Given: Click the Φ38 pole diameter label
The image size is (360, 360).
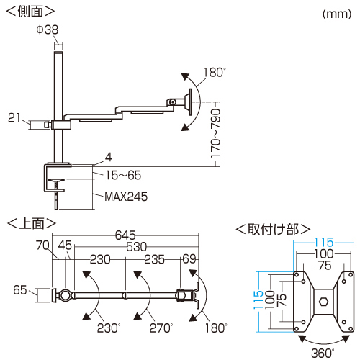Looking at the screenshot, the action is [x=48, y=30].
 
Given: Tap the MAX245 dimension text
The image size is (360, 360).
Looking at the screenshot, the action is [x=126, y=197].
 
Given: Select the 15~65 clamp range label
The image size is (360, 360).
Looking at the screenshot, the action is [x=123, y=175].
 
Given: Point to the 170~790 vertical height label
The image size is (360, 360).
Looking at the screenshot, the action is [x=215, y=133].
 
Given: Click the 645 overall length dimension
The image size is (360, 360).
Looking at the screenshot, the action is [x=125, y=235].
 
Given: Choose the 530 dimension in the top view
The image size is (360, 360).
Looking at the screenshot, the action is [x=136, y=247].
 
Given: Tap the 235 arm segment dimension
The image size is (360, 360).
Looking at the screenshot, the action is [x=154, y=259].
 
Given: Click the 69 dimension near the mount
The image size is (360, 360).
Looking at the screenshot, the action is [x=189, y=259].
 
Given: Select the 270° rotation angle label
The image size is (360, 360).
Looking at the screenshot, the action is [x=161, y=328].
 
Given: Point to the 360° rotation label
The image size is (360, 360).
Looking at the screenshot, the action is [x=323, y=353].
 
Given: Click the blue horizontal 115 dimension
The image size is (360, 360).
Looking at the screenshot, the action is [x=324, y=243].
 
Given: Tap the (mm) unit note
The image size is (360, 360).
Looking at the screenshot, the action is [x=337, y=14].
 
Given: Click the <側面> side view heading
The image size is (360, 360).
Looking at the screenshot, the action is [x=30, y=12].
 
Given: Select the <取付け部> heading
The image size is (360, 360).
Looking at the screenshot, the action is [x=273, y=230].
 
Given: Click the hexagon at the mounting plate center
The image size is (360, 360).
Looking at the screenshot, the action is [x=324, y=302].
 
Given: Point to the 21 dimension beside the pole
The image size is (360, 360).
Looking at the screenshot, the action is [x=14, y=118].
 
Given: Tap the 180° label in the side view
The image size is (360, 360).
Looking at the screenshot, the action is [x=215, y=72].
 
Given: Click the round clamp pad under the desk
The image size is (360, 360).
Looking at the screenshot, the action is [x=56, y=180].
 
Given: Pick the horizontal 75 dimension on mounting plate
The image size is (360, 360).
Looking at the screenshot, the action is [x=325, y=266].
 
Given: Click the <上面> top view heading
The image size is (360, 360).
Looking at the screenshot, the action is [x=32, y=223].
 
